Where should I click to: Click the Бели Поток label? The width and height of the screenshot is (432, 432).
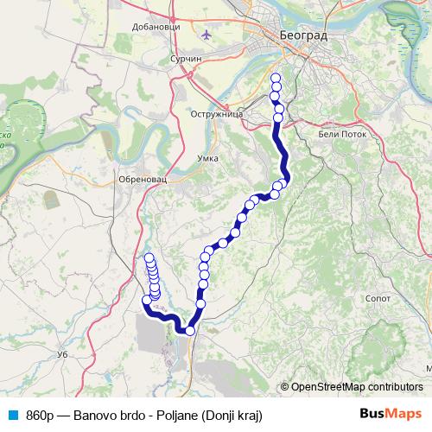pos(343,134)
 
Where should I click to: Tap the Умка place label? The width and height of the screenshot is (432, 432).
pos(207,158)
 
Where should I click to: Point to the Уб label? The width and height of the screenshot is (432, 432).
pos(61,354)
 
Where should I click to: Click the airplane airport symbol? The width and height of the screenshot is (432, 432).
pos(205,35)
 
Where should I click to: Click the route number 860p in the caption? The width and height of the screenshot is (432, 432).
pos(42,415)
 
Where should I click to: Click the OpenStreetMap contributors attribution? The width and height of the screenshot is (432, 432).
pos(356,387)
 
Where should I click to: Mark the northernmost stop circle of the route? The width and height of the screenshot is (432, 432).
pos(276,79)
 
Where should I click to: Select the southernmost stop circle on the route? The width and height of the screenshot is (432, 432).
pos(190,330)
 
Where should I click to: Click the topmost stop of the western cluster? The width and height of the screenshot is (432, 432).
pos(149,257)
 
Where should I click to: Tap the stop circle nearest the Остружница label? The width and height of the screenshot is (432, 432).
pos(279,118)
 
